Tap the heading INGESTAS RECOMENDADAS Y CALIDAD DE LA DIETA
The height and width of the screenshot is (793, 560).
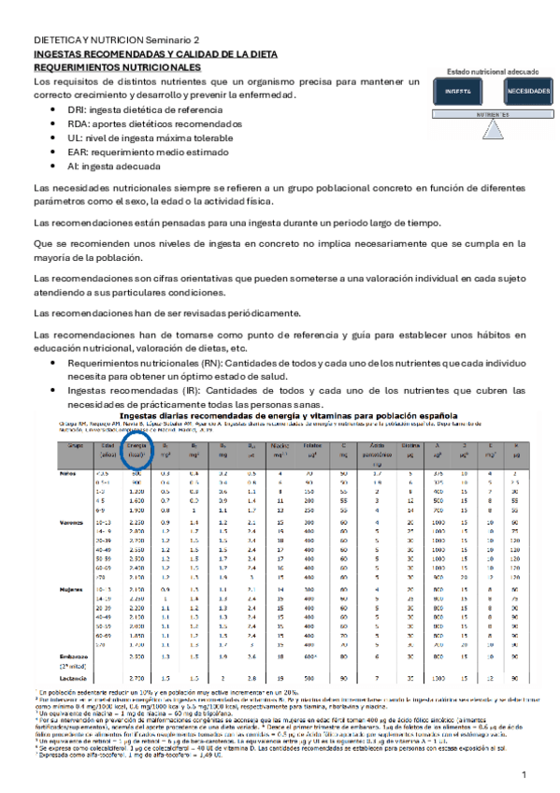pos(137,55)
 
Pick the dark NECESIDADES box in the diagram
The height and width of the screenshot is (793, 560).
pos(528,92)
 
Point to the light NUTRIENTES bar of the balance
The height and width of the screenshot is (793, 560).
pos(492,114)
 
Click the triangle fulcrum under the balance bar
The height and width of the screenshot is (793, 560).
pos(492,123)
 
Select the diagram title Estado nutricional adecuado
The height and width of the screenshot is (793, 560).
pos(492,71)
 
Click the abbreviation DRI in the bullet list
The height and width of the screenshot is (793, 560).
pos(77,109)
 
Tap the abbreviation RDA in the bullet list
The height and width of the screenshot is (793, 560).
pos(79,123)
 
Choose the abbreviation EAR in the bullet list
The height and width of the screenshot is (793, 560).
pos(78,151)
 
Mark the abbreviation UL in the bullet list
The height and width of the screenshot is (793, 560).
pos(74,137)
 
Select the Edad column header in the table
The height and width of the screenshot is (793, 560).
pos(108,448)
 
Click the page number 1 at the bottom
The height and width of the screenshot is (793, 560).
pos(524,776)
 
